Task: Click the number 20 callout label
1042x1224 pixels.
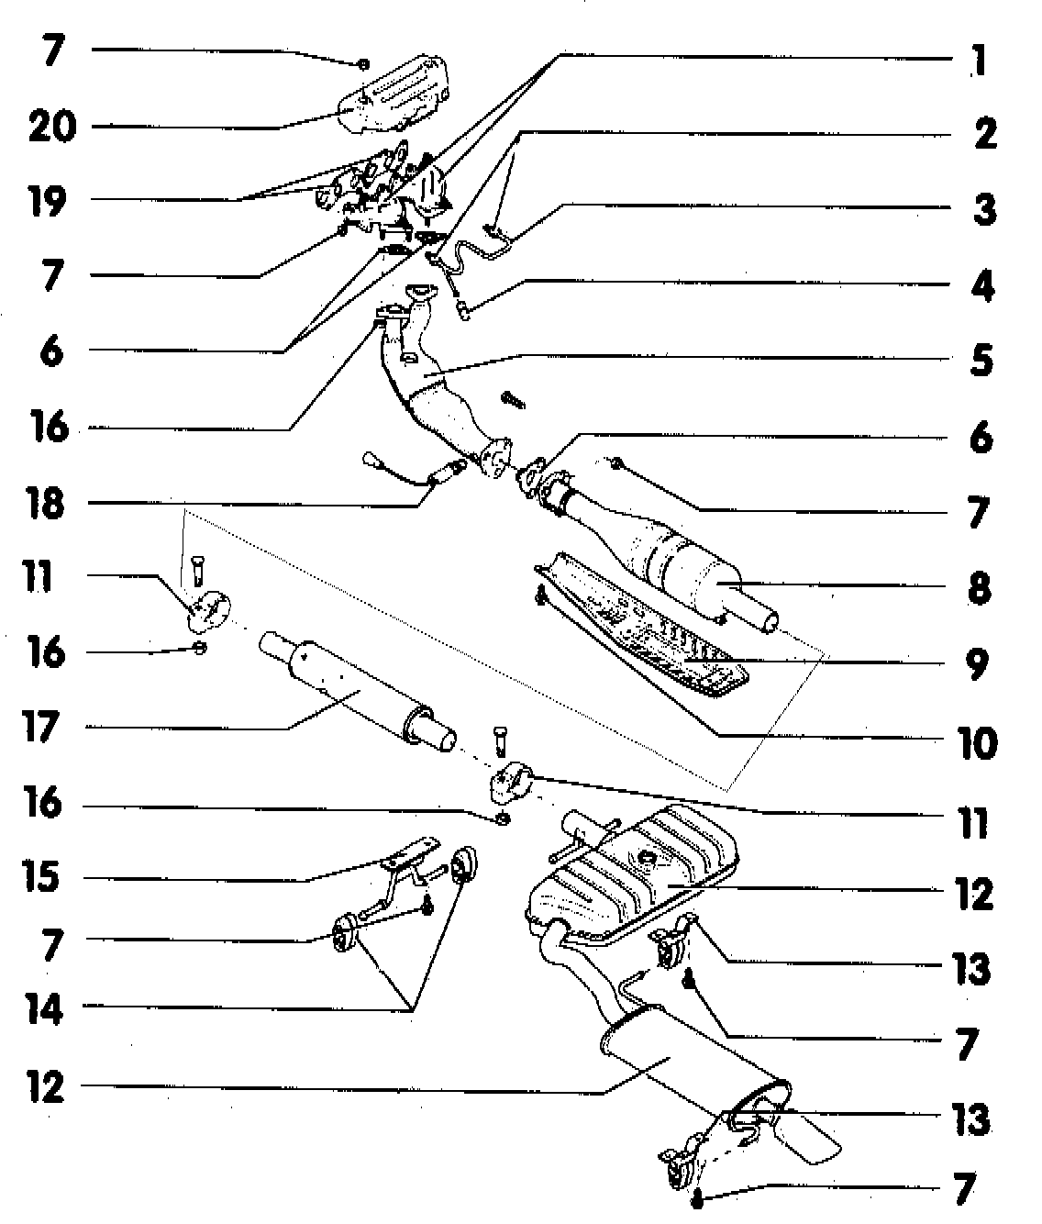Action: coord(50,127)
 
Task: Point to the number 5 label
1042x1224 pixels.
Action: coord(980,360)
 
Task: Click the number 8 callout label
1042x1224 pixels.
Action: coord(979,586)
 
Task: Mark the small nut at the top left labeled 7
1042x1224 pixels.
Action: coord(363,63)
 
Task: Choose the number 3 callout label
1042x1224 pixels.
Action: coord(983,210)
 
